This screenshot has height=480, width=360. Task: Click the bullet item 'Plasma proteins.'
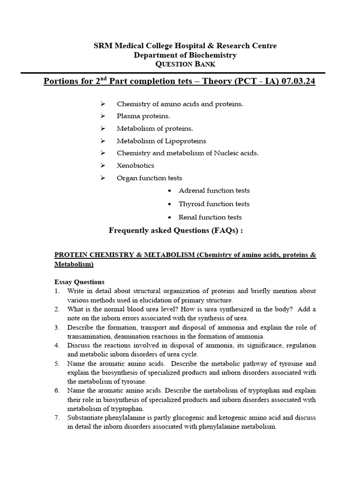coord(143,116)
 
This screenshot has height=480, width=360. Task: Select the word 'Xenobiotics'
coord(135,165)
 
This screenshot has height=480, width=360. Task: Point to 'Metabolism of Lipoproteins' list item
coord(161,141)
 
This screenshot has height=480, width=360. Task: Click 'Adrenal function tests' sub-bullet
coord(214,190)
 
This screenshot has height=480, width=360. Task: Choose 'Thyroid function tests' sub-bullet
coord(214,204)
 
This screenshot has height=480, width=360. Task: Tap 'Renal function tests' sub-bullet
coord(210,217)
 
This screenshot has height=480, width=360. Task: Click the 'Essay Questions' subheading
coord(79,282)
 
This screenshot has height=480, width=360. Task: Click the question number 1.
coord(57,291)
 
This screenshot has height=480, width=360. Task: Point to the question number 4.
coord(57,345)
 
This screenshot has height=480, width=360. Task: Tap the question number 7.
coord(57,418)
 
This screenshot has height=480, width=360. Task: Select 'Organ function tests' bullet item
coord(149,178)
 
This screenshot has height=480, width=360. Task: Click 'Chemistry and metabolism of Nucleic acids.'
coord(187,153)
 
